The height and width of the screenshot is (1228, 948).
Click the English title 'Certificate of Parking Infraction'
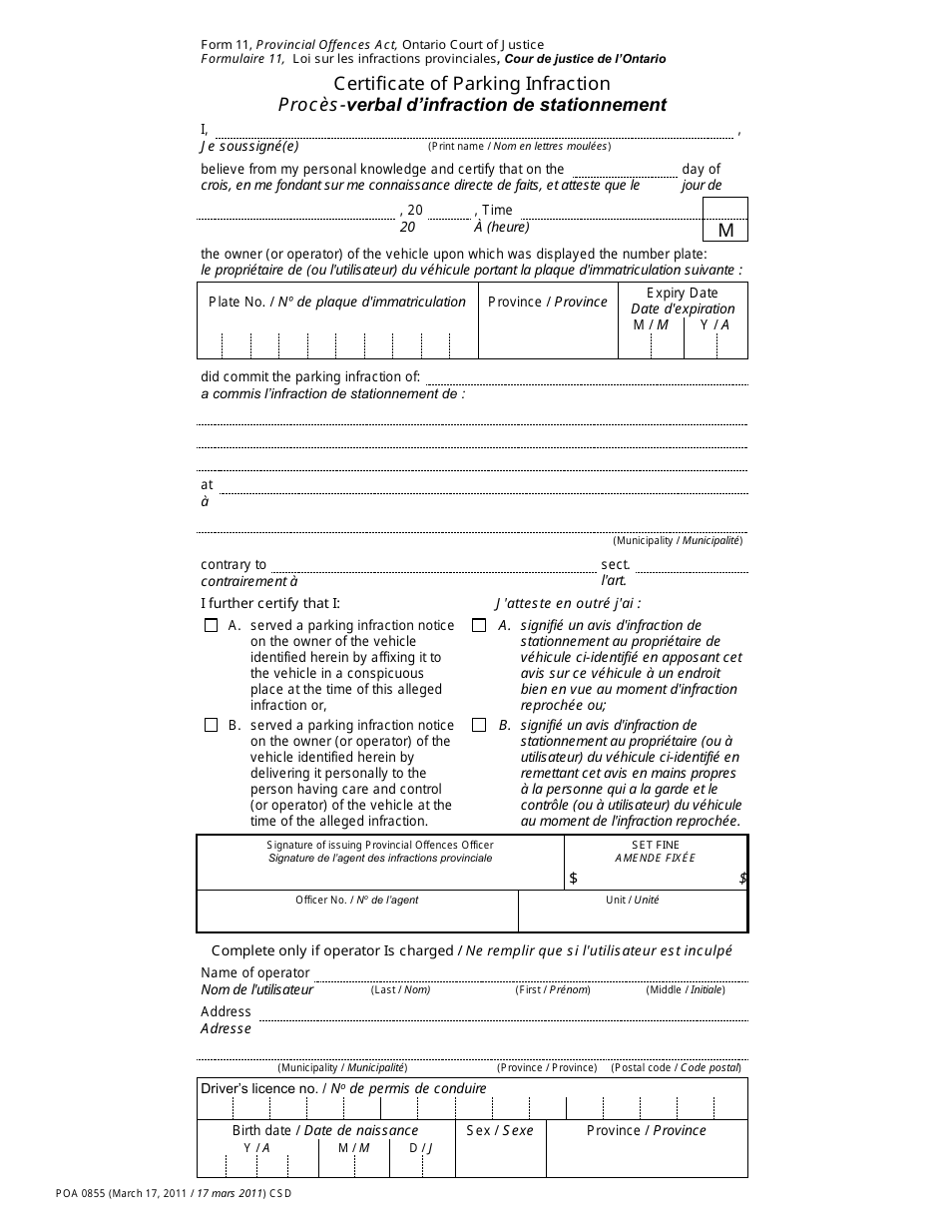point(472,84)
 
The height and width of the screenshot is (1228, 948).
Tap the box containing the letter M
point(725,220)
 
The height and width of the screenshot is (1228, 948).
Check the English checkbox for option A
point(211,626)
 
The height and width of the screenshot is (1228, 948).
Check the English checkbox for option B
point(211,726)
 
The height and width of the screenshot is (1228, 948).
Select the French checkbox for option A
point(479,626)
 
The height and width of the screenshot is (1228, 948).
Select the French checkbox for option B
point(479,726)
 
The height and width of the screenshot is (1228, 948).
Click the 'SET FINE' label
point(656,845)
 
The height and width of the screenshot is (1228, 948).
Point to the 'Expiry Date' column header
point(683,293)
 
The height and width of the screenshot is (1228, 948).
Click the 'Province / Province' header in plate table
point(548,302)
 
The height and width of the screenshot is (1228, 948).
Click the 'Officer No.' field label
point(356,900)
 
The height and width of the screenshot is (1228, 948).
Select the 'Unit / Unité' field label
point(633,900)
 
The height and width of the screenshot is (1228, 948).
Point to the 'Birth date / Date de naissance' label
point(325,1130)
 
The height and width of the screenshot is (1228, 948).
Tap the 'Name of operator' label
point(255,972)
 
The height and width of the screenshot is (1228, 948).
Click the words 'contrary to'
point(234,564)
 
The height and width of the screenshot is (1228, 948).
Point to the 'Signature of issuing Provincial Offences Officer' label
point(380,845)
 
